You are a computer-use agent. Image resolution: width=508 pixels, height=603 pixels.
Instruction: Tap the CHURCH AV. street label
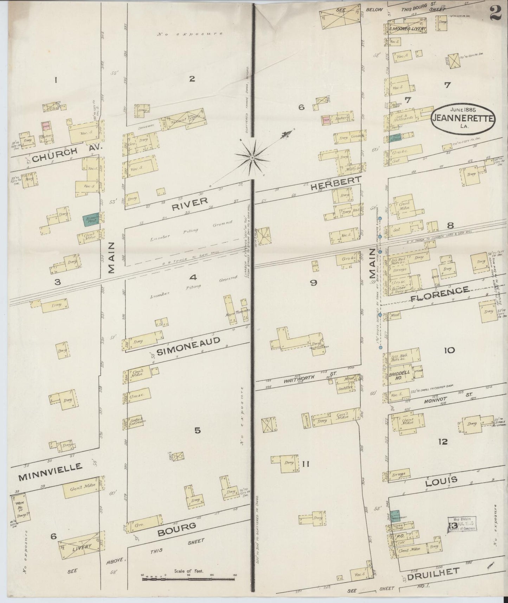pos(67,154)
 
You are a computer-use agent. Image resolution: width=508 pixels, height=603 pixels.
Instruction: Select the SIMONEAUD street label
pos(188,346)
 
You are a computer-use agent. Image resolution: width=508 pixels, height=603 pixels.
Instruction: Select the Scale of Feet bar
pos(188,578)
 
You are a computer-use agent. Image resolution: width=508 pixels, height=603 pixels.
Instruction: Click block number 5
pos(198,430)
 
